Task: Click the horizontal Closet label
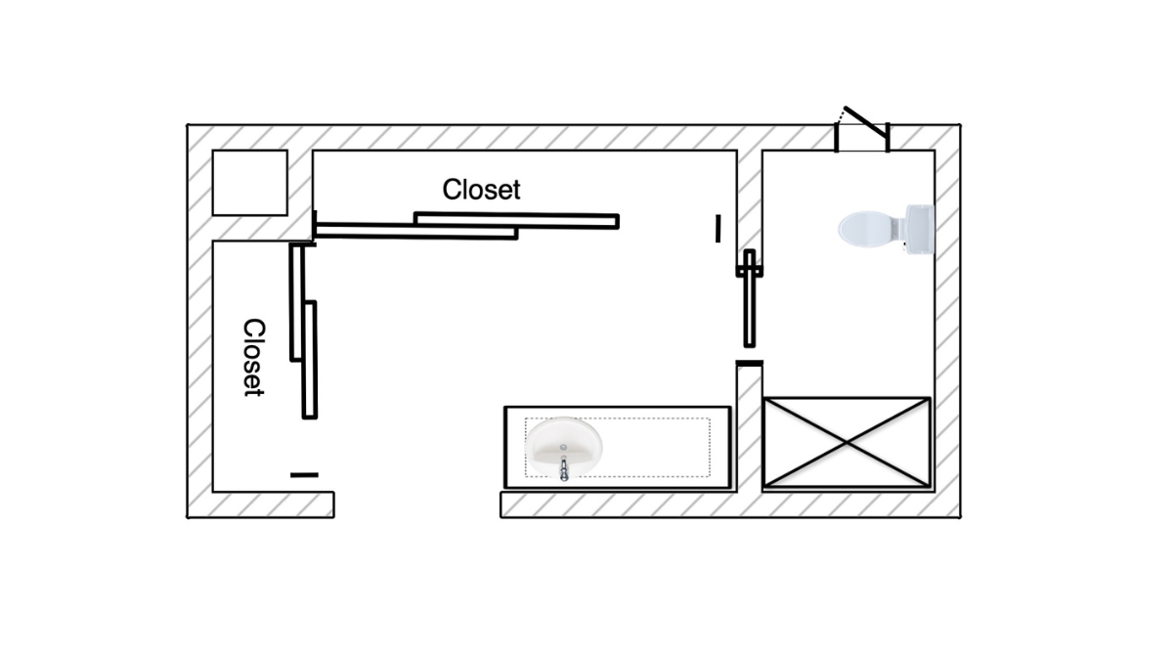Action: pos(481,189)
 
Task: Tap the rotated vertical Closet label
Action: pos(253,357)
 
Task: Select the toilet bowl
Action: pos(866,230)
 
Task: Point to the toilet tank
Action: pos(919,230)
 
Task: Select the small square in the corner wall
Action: pos(249,182)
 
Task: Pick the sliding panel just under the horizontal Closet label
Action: pos(516,219)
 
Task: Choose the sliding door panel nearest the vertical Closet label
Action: pos(296,302)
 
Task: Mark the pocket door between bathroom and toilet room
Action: pos(750,298)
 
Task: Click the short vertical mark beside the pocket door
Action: pos(718,229)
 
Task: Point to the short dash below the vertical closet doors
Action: pos(304,475)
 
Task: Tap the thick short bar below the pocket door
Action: pos(749,364)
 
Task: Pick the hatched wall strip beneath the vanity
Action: pos(626,505)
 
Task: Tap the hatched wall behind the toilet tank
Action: pos(946,230)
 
